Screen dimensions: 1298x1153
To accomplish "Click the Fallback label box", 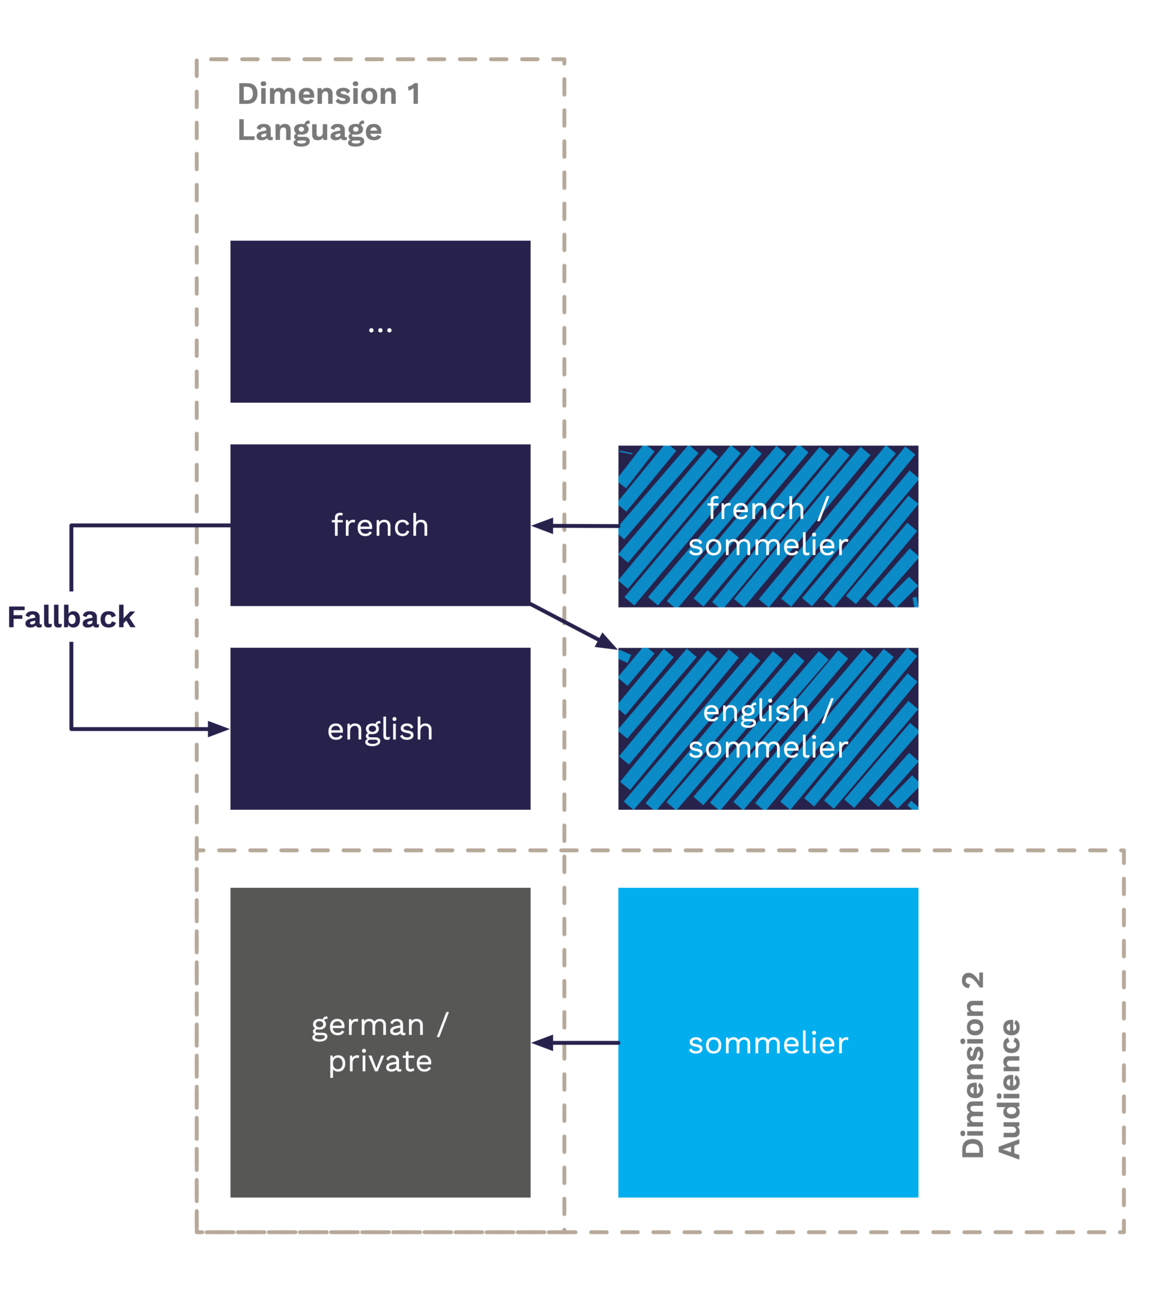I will pyautogui.click(x=71, y=617).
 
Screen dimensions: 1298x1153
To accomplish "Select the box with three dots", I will pyautogui.click(x=380, y=322).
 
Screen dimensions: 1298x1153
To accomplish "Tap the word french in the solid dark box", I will pyautogui.click(x=380, y=526).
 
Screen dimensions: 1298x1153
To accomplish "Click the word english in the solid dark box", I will pyautogui.click(x=380, y=729).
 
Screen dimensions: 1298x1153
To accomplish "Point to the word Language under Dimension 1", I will pyautogui.click(x=309, y=130).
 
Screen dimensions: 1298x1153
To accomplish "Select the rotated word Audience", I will pyautogui.click(x=1009, y=1090).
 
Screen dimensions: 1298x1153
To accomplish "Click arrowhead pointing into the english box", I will pyautogui.click(x=218, y=729).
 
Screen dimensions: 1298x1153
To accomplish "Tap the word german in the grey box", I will pyautogui.click(x=367, y=1025).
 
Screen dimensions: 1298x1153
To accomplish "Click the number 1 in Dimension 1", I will pyautogui.click(x=414, y=94).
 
